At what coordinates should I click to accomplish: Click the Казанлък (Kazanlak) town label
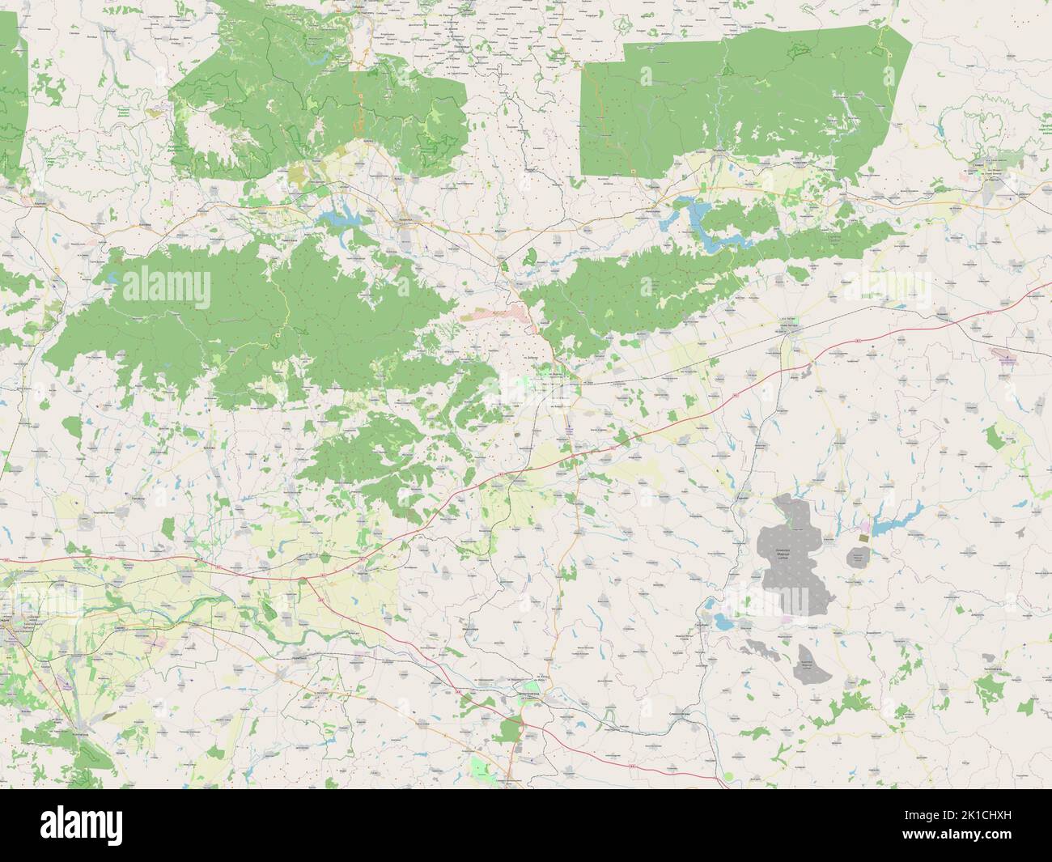pos(407,219)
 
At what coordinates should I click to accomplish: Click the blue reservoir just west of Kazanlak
pos(340,216)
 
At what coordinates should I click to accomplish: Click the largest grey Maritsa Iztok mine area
pos(793,558)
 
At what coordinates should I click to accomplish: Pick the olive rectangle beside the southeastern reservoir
pos(864,536)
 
